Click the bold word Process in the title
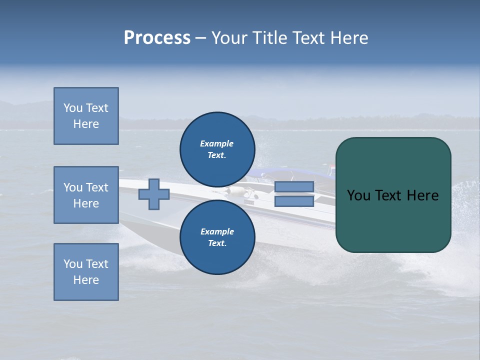157,38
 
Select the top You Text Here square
86,116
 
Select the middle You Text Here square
86,195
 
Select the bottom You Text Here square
86,272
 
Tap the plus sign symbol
154,194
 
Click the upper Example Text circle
217,149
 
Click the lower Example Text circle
217,237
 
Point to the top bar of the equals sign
294,186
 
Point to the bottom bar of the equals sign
294,201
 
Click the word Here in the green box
422,195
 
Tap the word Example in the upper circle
217,143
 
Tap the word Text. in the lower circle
217,243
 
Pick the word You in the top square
73,108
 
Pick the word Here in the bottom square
86,280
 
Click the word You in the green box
358,195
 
